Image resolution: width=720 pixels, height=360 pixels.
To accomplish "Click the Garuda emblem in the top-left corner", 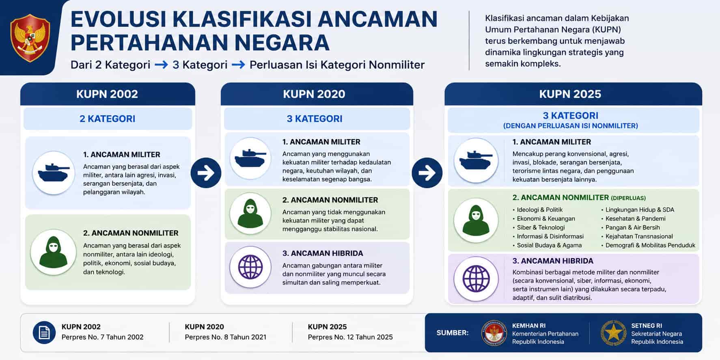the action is [x=30, y=37].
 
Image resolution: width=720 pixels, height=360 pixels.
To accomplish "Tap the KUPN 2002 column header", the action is [x=108, y=94].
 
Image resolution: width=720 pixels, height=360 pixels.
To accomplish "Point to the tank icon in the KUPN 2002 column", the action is [x=54, y=172].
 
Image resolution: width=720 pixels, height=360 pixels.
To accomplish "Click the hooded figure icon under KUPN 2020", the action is [x=250, y=213].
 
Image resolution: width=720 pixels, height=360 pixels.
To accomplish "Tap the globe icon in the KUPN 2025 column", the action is [x=476, y=279].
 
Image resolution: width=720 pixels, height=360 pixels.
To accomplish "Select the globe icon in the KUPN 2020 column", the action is [x=250, y=267].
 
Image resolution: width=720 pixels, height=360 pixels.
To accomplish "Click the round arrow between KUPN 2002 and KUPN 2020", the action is [x=206, y=173].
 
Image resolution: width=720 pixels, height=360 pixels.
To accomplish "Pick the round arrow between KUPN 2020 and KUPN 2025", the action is [x=427, y=173].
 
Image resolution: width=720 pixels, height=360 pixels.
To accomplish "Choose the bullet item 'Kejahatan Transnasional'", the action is [x=637, y=236].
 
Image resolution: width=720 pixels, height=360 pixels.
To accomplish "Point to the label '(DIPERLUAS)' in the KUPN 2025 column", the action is [x=628, y=198].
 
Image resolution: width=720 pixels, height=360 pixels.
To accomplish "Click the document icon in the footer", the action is [x=44, y=333].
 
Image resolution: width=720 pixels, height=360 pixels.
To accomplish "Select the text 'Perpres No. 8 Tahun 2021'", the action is [x=226, y=337].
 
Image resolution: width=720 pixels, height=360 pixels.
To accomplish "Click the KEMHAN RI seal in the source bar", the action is [x=494, y=333].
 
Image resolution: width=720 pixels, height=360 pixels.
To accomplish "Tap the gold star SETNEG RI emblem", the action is [x=613, y=333].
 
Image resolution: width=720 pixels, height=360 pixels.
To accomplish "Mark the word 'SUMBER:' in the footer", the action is [x=453, y=333].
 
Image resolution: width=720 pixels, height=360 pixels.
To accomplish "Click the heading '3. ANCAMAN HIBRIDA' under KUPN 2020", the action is [x=323, y=253].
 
